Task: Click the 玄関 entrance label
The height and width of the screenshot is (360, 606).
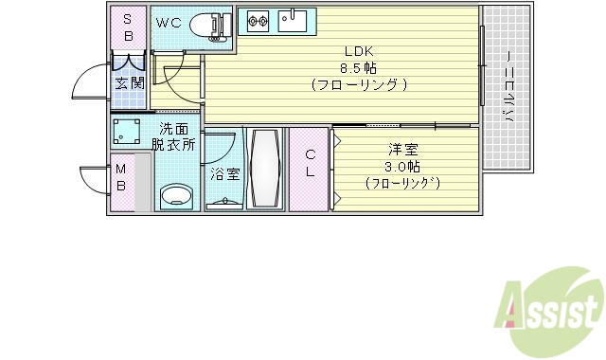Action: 130,83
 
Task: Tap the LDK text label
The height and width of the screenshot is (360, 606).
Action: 358,52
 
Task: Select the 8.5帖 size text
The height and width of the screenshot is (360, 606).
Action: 358,68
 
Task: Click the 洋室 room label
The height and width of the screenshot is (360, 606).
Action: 401,150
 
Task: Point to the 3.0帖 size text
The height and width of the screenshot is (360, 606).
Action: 401,166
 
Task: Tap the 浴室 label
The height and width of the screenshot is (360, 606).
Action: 224,173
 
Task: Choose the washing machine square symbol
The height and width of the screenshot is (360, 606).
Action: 128,130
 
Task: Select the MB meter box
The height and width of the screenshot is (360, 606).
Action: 121,178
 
